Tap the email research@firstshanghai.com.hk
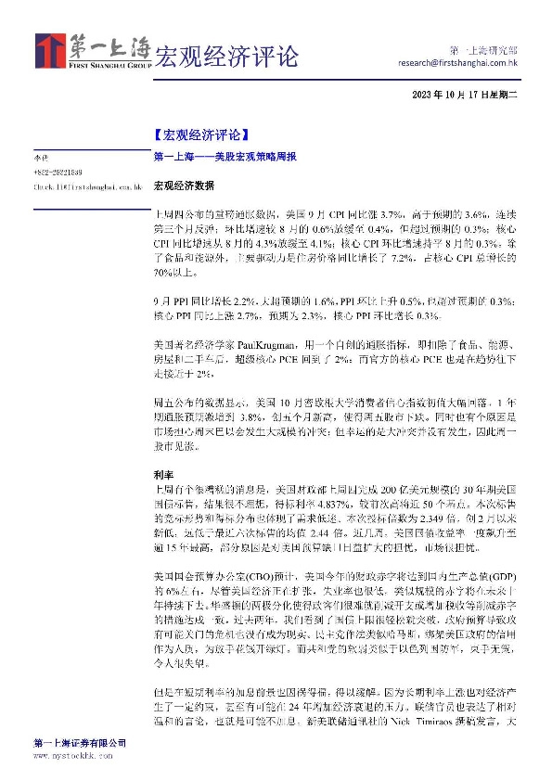(457, 64)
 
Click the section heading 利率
(161, 474)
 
